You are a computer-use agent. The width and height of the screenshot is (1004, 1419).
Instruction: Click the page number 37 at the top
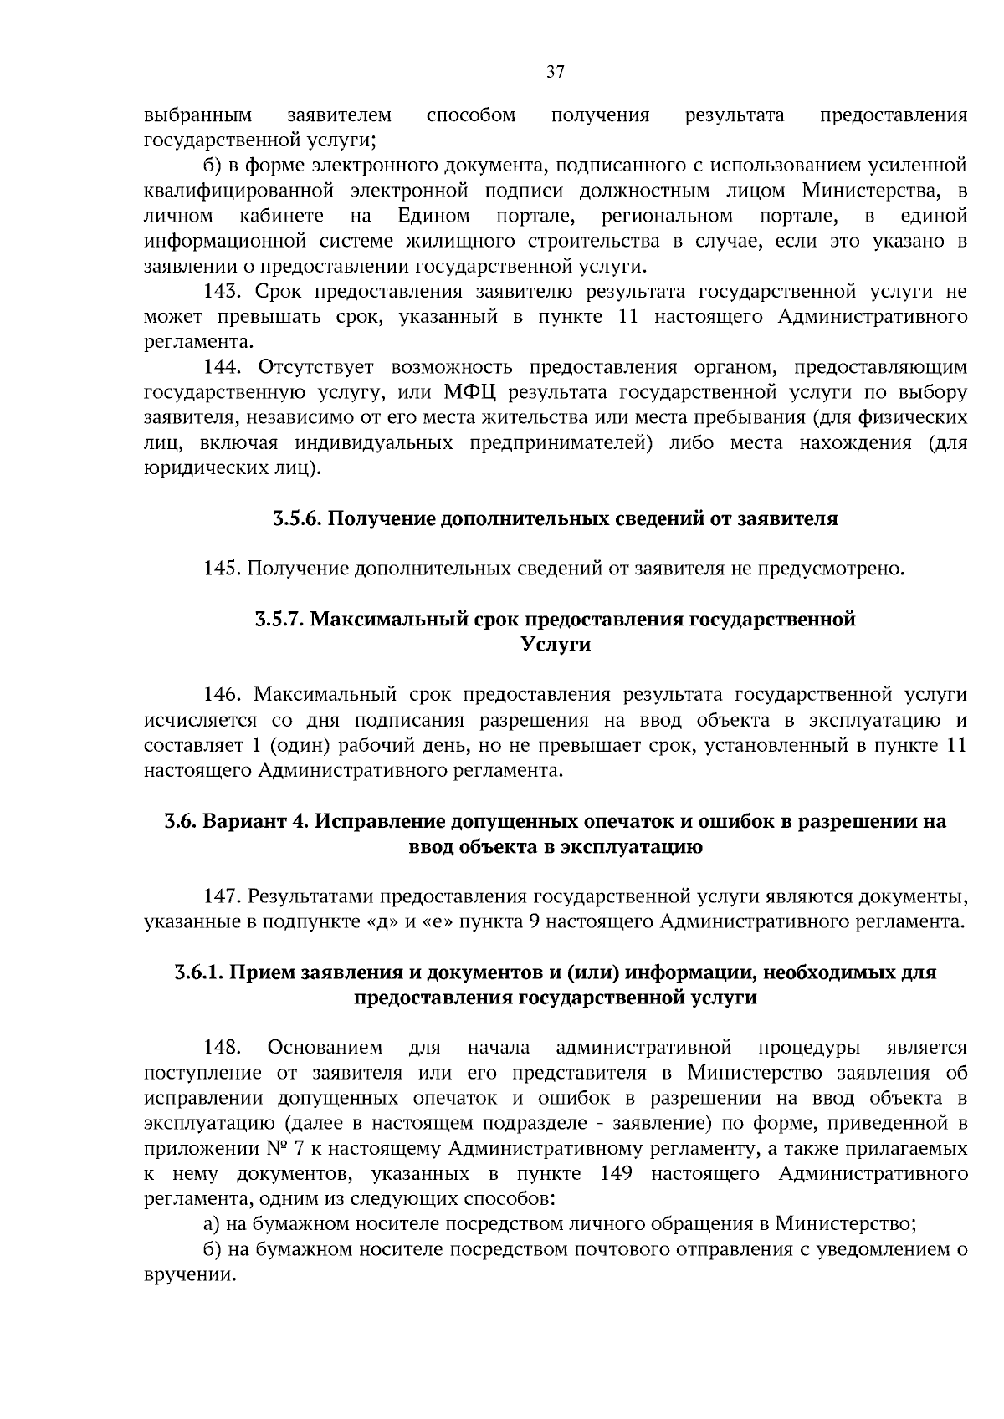click(556, 73)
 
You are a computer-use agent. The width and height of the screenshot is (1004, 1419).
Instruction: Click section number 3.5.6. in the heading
click(296, 519)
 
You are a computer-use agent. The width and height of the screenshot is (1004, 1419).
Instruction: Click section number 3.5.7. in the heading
click(279, 620)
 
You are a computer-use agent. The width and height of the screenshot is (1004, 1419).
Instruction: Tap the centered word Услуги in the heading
click(556, 645)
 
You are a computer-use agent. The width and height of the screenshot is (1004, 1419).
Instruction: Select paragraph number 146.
click(223, 695)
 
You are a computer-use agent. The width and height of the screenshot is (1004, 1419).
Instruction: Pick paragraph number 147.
click(223, 897)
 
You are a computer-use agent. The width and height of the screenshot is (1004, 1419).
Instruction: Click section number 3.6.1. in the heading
click(199, 972)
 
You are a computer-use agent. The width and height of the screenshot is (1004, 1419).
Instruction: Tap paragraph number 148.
click(223, 1048)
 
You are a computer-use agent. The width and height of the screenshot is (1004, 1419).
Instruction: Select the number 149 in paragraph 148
click(616, 1174)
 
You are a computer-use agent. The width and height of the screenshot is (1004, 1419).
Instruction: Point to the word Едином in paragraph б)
click(433, 217)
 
